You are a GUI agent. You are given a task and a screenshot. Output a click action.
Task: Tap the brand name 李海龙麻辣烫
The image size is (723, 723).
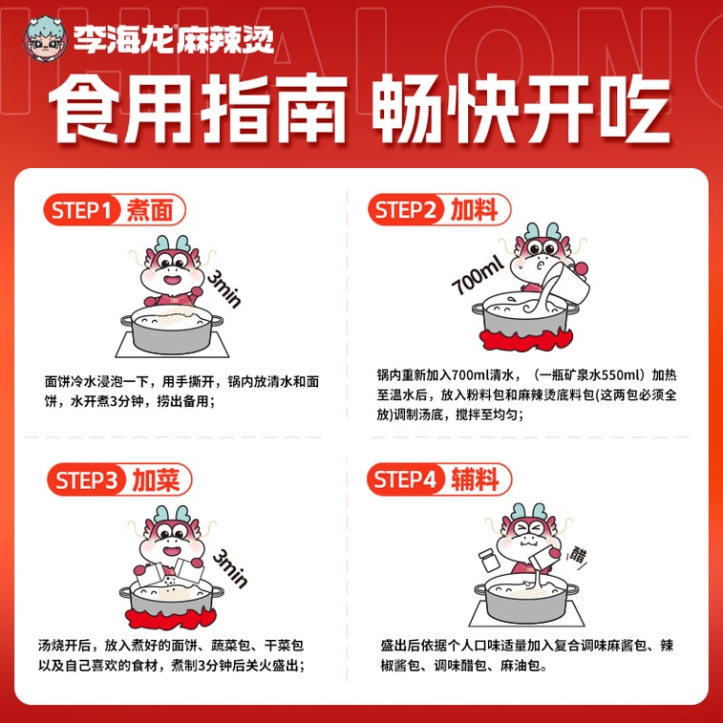point(174,39)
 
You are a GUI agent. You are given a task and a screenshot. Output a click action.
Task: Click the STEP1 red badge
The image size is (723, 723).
point(84,211)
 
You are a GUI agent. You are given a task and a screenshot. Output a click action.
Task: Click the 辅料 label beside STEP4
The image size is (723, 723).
point(475,480)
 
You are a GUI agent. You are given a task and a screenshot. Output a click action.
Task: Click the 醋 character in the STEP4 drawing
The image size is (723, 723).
point(579,554)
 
